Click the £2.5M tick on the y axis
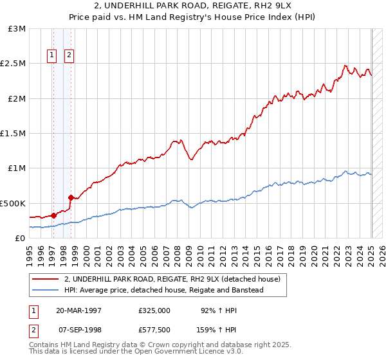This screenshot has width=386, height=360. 14,64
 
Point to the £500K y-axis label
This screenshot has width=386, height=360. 14,203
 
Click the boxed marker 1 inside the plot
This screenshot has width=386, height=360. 51,56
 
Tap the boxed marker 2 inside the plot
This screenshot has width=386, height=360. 69,56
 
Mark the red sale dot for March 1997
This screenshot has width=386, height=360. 53,215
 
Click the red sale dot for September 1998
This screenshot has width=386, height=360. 70,197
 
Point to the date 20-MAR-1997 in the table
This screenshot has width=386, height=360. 79,310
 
